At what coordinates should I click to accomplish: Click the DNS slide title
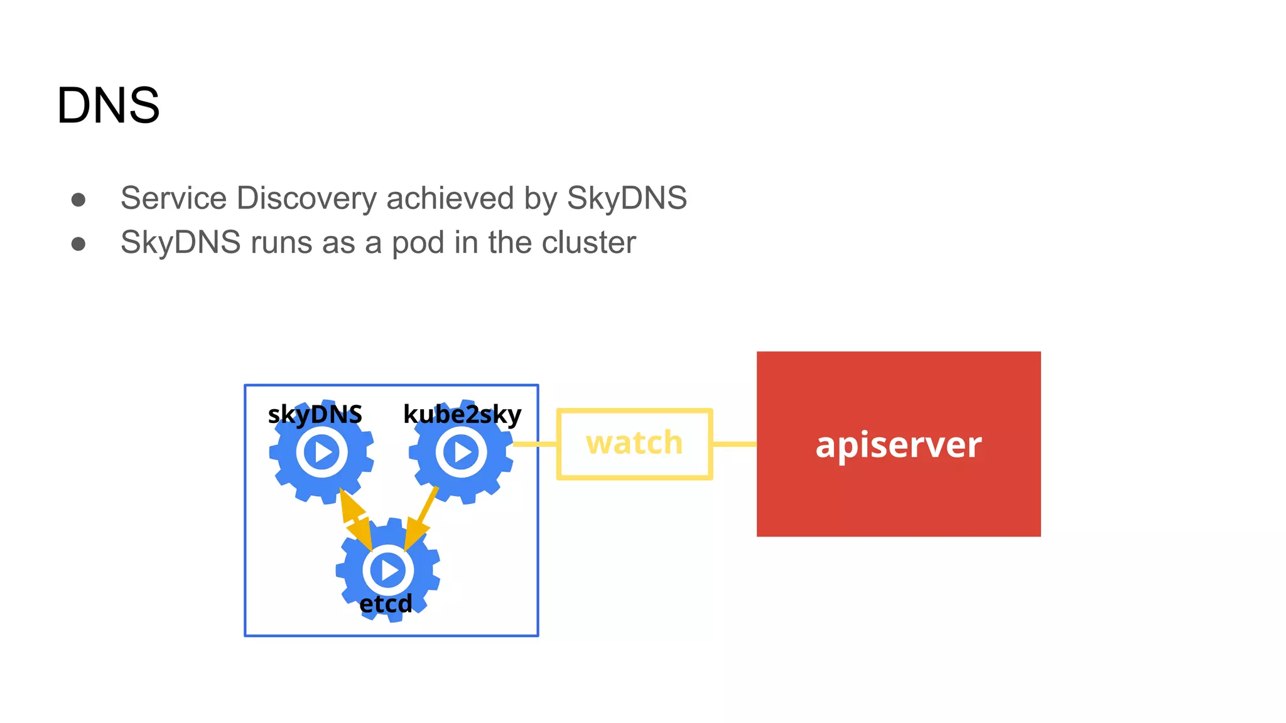coord(108,105)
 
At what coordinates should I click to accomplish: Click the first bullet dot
coord(78,200)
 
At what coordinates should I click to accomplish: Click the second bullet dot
coord(78,244)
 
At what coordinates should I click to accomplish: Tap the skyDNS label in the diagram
coord(315,415)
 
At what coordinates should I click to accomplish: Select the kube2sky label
coord(462,415)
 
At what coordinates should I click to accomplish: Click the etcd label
coord(386,604)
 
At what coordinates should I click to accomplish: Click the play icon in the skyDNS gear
coord(322,452)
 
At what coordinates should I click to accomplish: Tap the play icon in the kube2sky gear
coord(462,452)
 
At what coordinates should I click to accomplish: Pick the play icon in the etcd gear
coord(388,570)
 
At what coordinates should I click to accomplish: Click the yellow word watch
coord(634,443)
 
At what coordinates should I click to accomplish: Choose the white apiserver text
coord(898,446)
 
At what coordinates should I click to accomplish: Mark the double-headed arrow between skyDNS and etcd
coord(356,518)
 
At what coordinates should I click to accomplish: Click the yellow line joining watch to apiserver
coord(734,444)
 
